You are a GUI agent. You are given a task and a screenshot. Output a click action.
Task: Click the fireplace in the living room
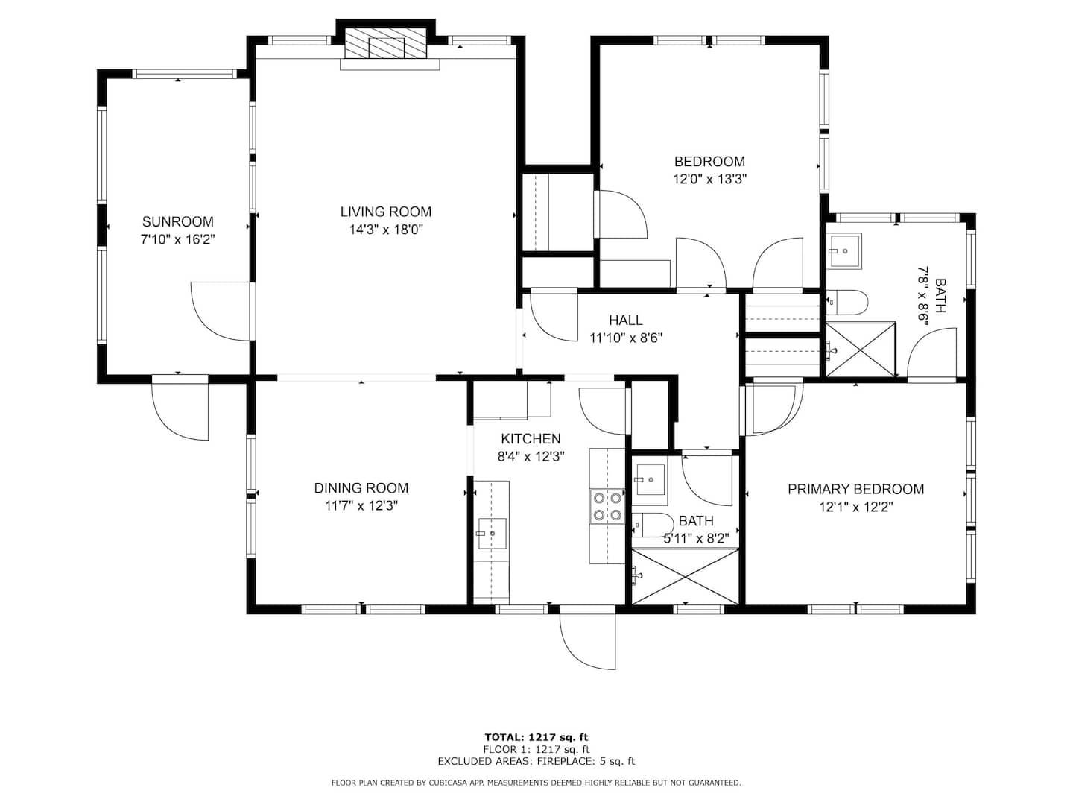385,42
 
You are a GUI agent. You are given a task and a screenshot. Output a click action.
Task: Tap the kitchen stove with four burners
607,506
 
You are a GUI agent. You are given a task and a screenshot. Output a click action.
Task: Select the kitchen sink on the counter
491,533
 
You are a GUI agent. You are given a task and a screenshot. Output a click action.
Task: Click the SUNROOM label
178,222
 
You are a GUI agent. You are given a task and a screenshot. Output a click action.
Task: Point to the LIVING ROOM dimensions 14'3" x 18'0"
386,230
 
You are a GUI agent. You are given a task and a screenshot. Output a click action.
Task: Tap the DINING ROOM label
361,487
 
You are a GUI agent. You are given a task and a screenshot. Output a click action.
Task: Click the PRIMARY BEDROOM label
855,489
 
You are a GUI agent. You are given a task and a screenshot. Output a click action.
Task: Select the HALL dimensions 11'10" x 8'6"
626,338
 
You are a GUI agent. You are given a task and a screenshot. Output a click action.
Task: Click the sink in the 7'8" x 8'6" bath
843,251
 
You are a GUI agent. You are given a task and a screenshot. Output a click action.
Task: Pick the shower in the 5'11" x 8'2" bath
685,577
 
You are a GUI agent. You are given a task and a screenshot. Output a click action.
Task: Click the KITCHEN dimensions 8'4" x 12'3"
531,456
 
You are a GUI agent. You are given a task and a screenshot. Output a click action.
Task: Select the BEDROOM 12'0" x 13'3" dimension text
710,179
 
